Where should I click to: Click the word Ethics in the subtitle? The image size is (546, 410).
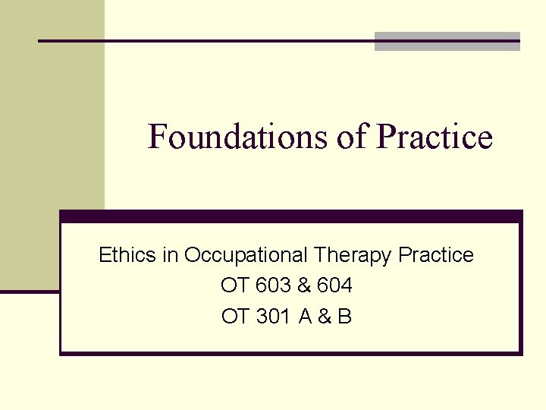point(127,255)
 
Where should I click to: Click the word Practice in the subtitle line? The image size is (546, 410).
point(436,255)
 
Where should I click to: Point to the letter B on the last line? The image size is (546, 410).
point(345,316)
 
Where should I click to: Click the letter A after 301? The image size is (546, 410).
point(305,316)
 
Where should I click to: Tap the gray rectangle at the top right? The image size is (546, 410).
point(447,41)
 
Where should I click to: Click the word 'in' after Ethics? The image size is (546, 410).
point(170,255)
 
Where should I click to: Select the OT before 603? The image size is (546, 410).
point(234,285)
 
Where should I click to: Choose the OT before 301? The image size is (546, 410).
point(234,316)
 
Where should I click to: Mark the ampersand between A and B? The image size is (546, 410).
point(325,316)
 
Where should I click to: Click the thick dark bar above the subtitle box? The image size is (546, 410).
point(291,216)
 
